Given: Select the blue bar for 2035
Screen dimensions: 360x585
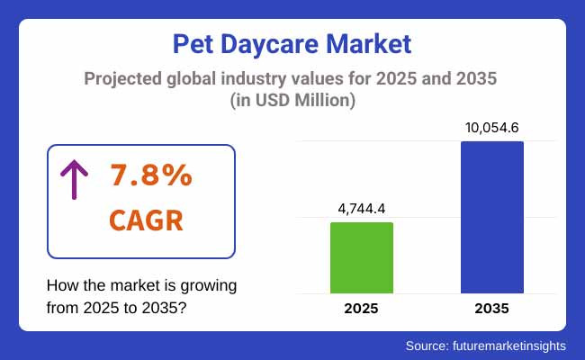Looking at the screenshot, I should click(x=491, y=217).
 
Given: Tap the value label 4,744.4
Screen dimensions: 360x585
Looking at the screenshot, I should click(x=362, y=207).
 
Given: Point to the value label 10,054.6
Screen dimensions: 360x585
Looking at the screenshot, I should click(x=491, y=127).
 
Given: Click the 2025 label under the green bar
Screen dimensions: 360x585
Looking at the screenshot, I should click(x=362, y=309).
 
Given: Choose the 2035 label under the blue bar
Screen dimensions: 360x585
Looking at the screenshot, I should click(x=491, y=309).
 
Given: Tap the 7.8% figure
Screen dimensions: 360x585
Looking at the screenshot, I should click(x=152, y=176).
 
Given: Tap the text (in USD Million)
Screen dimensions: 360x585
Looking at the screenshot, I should click(x=292, y=101).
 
